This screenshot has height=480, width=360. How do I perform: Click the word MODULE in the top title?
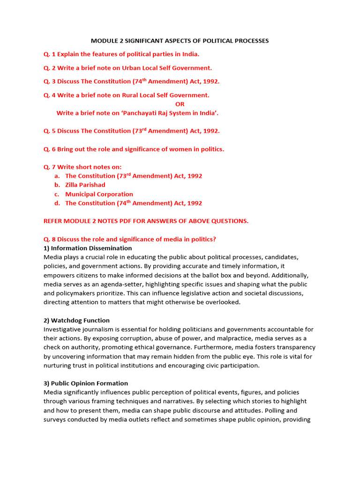(103, 41)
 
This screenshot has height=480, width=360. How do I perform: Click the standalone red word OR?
(180, 104)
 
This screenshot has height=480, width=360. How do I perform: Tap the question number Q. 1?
(49, 54)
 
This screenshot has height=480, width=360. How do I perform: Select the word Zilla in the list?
(72, 185)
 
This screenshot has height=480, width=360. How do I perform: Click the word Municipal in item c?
(80, 194)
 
